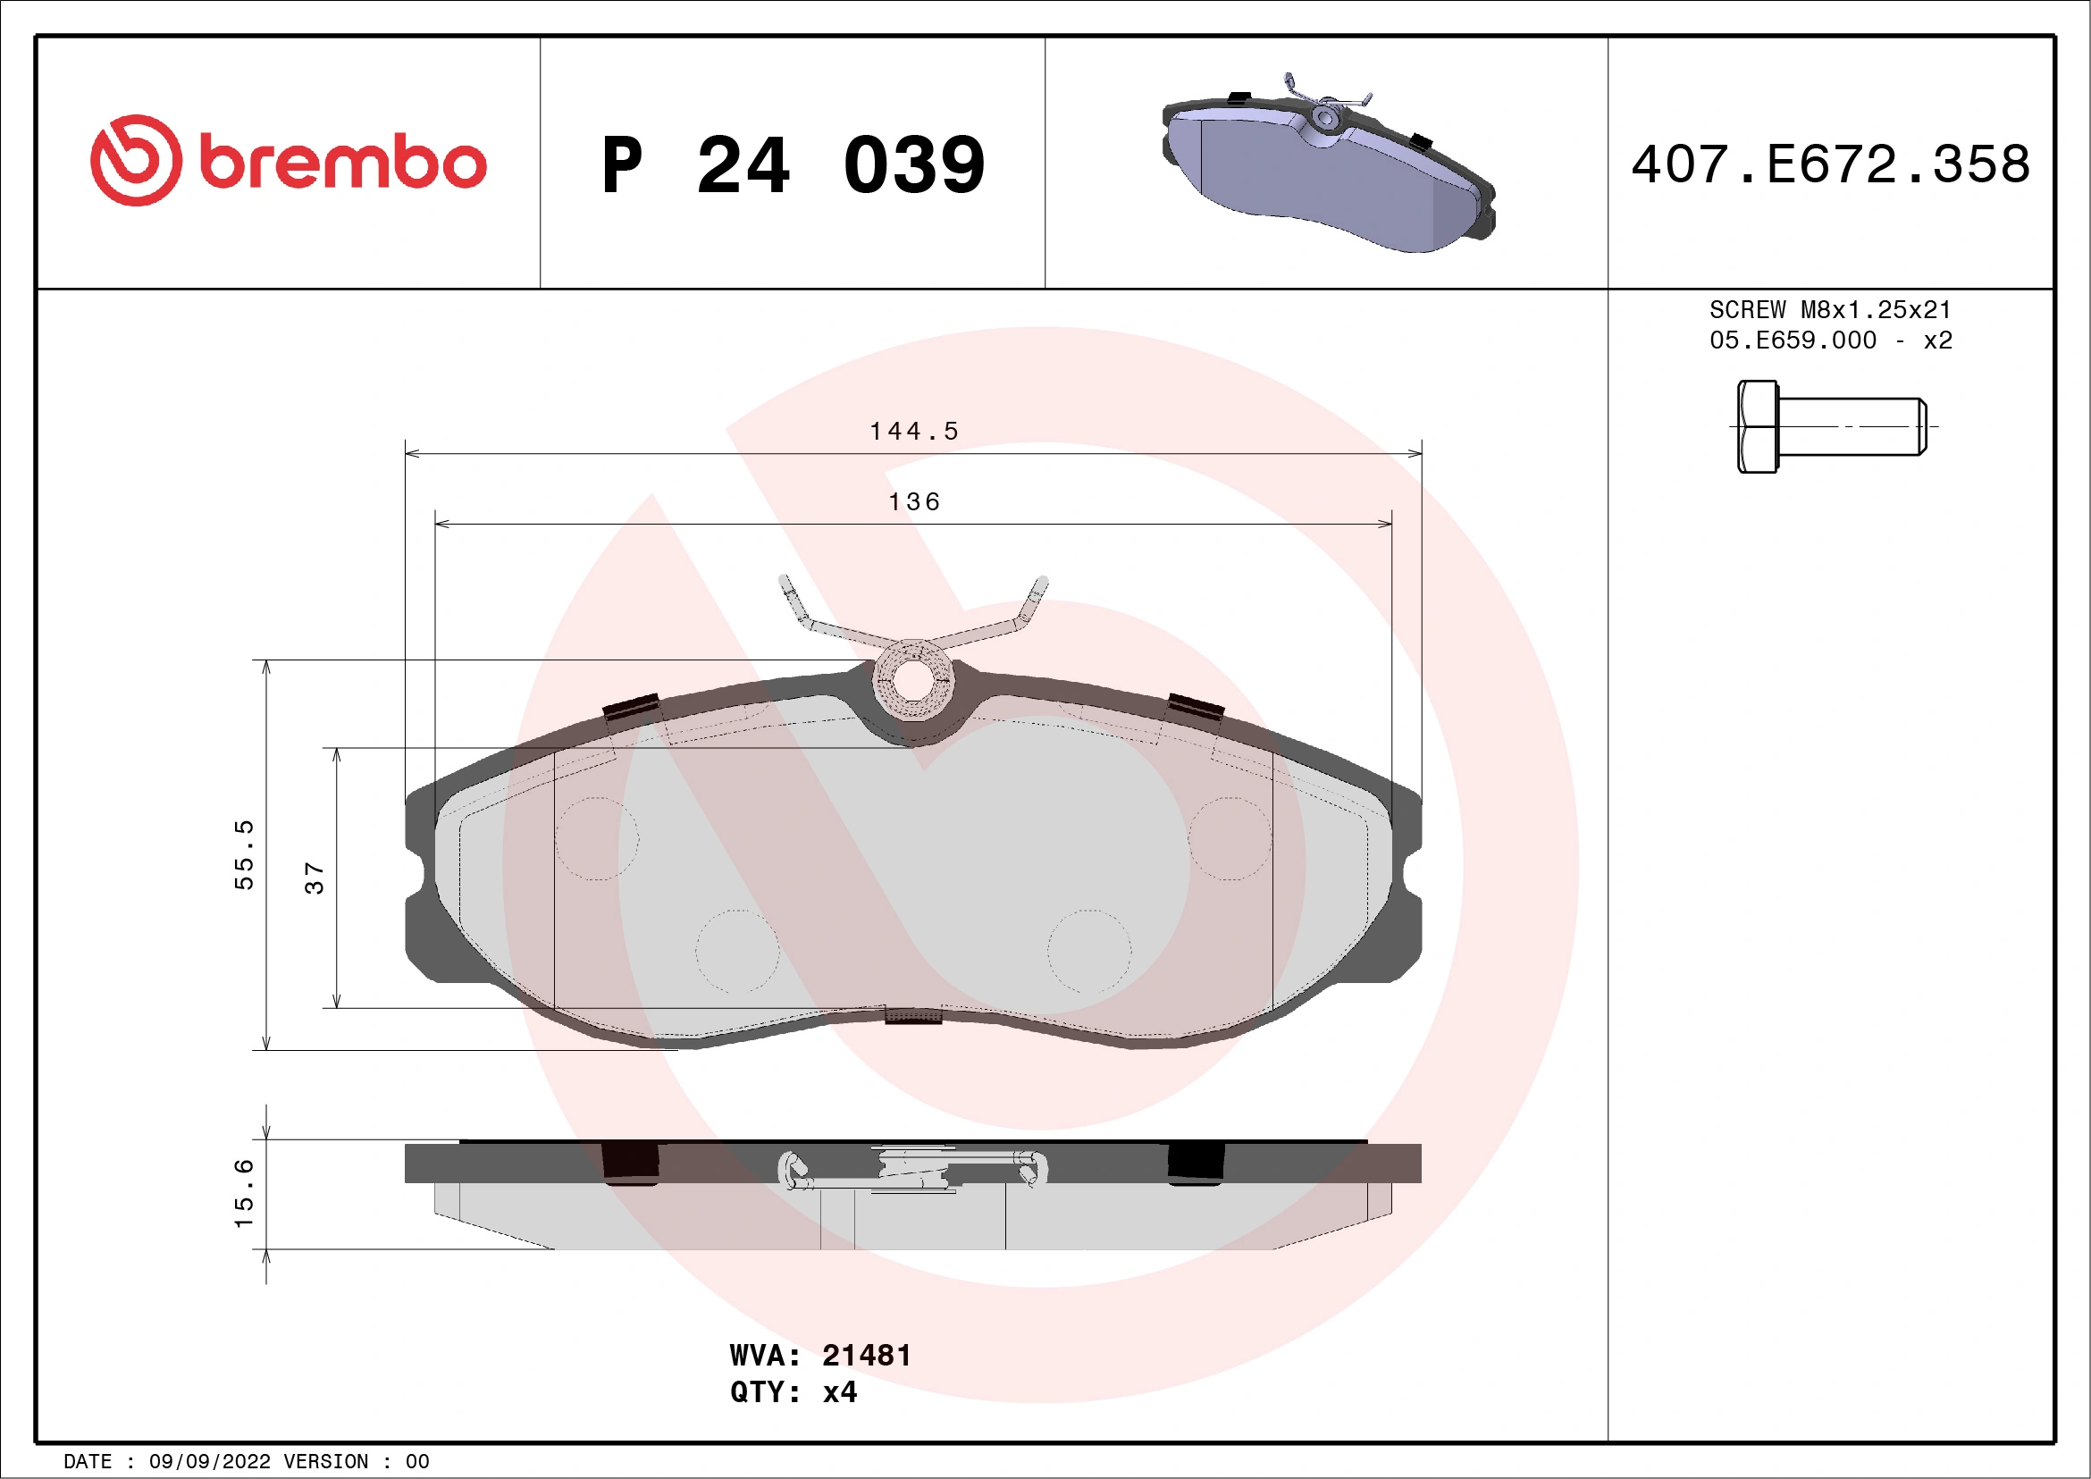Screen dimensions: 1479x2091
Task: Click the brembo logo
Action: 288,161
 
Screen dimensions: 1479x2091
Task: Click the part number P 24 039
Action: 794,164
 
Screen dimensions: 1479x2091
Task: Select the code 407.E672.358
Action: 1831,164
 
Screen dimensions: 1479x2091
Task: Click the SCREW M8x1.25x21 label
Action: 1830,309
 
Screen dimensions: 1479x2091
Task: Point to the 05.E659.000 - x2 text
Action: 1830,340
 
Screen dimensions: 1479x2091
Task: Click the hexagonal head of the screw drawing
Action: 1757,426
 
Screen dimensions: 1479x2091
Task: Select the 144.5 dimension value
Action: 913,431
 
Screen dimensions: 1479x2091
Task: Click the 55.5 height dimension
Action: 244,854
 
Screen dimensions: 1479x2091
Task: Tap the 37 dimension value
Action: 315,878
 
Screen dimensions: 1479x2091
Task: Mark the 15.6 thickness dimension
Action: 244,1193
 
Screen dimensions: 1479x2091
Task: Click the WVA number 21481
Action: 865,1356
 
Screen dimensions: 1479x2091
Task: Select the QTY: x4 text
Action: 794,1392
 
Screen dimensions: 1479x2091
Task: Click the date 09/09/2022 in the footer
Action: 209,1462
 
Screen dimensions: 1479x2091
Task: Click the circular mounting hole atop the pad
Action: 912,679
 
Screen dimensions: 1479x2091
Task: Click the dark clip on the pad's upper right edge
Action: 1196,706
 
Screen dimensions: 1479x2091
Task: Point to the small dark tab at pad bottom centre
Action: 912,1015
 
